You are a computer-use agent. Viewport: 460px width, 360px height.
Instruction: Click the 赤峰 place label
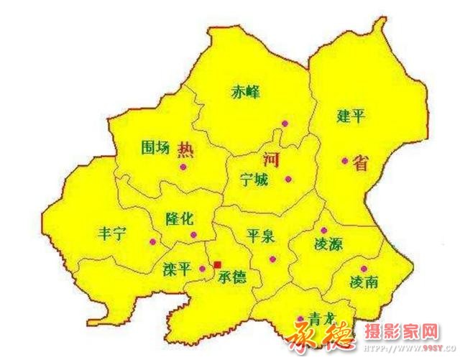coord(245,92)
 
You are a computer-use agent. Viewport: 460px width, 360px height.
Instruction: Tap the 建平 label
coord(351,115)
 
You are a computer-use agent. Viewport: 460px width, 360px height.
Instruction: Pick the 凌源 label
coord(328,244)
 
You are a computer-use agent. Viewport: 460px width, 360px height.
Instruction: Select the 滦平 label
coord(177,270)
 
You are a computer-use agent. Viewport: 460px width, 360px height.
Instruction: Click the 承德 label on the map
coord(231,276)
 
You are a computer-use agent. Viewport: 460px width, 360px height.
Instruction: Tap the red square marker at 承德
coord(217,264)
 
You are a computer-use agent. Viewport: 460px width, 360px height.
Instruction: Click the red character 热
coord(185,150)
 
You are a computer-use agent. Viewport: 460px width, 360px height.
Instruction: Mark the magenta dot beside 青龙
coord(300,319)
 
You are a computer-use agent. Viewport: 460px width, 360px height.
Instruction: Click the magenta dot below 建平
coord(345,161)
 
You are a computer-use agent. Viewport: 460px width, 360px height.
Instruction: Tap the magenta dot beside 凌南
coord(364,269)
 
